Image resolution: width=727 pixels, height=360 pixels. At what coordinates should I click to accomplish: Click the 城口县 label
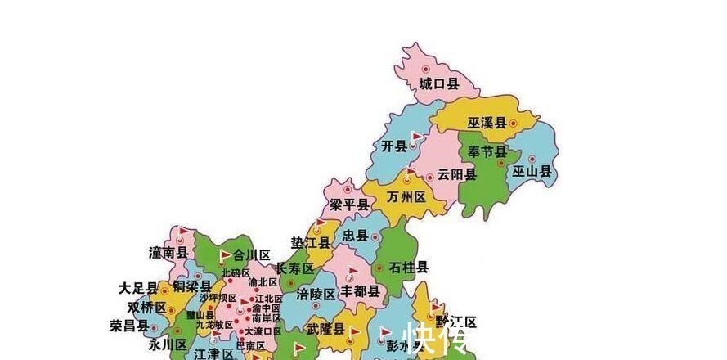point(438,83)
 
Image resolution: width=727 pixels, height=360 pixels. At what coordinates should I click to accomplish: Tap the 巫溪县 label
point(487,124)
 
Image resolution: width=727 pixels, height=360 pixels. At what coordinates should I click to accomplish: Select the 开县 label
point(394,146)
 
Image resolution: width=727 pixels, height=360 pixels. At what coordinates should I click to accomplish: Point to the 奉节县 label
point(487,153)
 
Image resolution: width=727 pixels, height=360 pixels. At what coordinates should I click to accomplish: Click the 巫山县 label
point(532,172)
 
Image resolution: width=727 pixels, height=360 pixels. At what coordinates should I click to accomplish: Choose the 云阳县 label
point(456,174)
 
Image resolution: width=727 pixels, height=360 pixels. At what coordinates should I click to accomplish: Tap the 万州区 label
point(406,198)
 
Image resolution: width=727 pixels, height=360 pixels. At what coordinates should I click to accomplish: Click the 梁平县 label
point(349,205)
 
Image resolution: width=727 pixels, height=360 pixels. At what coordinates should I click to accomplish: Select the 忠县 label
point(356,236)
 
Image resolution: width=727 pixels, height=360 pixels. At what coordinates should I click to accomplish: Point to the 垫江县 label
point(311,243)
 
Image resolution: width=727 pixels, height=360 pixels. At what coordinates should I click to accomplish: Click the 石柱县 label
point(409,268)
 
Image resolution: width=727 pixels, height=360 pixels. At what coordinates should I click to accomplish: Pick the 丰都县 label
point(360,291)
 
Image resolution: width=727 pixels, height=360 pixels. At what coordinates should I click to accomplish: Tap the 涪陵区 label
point(316,294)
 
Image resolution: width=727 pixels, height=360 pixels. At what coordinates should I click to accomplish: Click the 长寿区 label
point(294,268)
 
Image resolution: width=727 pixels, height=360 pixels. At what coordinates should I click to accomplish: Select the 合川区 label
point(251,254)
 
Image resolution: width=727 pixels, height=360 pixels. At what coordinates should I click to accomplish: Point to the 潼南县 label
point(168,253)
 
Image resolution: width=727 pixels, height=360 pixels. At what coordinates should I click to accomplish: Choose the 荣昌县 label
point(128,325)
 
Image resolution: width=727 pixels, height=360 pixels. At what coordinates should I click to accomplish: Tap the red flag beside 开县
point(416,136)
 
